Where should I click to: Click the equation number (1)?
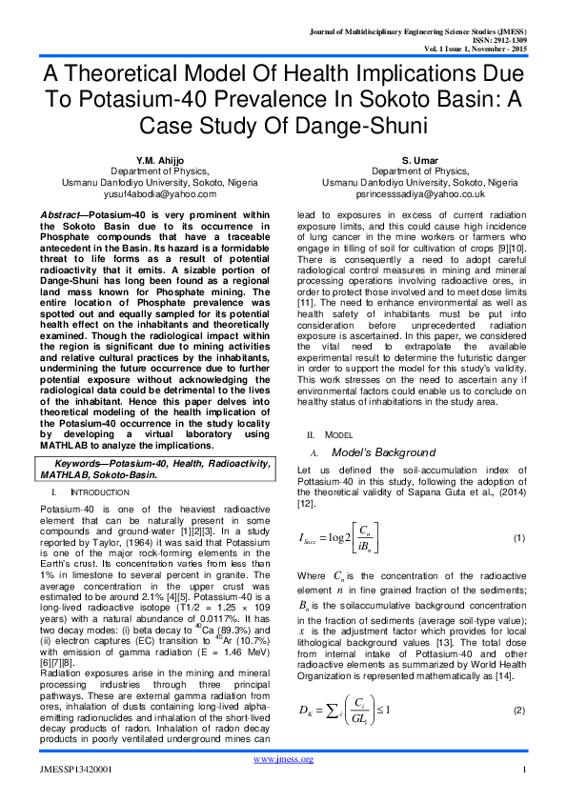click(519, 539)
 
